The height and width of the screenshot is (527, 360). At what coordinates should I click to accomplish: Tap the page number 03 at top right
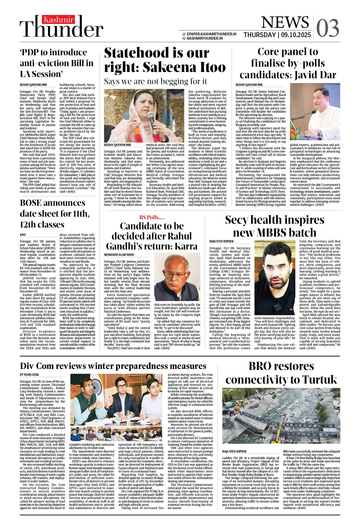[x=327, y=28]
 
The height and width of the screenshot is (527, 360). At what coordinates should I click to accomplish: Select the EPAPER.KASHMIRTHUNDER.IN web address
[x=211, y=34]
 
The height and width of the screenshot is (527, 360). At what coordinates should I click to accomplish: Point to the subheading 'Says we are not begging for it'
[x=155, y=81]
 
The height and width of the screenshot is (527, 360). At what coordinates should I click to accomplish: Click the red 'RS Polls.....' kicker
[x=152, y=217]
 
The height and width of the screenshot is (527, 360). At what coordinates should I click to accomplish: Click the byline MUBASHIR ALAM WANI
[x=119, y=255]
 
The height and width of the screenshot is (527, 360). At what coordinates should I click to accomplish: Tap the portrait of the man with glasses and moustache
[x=177, y=277]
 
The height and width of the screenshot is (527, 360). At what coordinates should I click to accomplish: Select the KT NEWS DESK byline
[x=29, y=375]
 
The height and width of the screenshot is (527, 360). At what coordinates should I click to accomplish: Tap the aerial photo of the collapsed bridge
[x=281, y=416]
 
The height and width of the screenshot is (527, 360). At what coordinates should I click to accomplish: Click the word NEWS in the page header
[x=285, y=22]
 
